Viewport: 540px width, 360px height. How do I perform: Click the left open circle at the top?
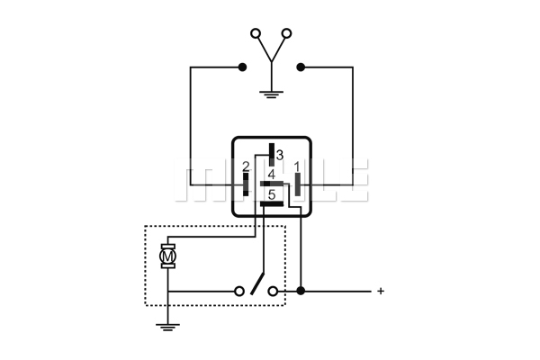tap(256, 33)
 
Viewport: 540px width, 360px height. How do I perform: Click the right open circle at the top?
tap(286, 33)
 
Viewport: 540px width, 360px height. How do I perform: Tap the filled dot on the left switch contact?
tap(242, 67)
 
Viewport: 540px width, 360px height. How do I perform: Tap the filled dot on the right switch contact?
tap(301, 67)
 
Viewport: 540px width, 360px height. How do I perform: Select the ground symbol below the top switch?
tap(272, 94)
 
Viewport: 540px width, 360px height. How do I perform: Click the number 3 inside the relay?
tap(280, 155)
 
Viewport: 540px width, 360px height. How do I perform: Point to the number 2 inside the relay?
tap(246, 166)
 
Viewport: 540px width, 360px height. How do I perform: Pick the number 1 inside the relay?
tap(297, 167)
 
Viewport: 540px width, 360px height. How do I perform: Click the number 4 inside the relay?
tap(272, 175)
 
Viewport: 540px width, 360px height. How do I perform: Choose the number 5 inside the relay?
tap(272, 195)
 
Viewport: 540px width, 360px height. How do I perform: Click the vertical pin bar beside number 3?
tap(272, 155)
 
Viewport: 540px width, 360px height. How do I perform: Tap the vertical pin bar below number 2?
tap(246, 184)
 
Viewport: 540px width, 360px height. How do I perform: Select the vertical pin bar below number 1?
tap(298, 184)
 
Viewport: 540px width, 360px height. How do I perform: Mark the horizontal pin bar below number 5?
tap(272, 204)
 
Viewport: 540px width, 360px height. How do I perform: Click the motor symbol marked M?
tap(167, 256)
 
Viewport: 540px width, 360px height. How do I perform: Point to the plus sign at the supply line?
tap(381, 291)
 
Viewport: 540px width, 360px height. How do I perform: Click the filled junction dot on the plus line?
tap(301, 291)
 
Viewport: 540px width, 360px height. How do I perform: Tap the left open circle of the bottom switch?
tap(239, 292)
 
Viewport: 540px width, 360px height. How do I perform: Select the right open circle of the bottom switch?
tap(273, 292)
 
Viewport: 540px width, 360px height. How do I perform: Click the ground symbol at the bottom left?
tap(167, 327)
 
